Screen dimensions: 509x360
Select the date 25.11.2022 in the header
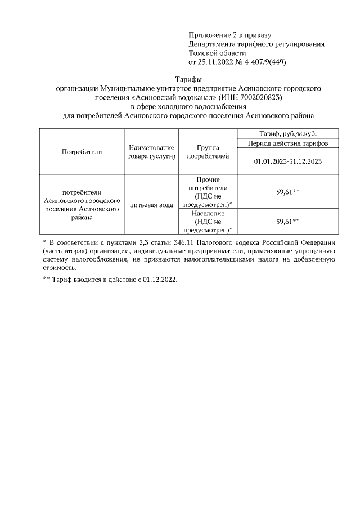click(x=219, y=62)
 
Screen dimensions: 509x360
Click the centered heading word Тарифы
click(x=188, y=80)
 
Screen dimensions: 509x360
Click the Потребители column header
click(x=81, y=152)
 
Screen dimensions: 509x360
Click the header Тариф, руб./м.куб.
click(x=287, y=134)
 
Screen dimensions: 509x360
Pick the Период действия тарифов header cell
click(x=287, y=143)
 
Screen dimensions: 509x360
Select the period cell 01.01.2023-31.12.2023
click(x=287, y=161)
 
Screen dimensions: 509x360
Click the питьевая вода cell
click(x=150, y=205)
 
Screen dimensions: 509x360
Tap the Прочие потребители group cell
click(x=208, y=192)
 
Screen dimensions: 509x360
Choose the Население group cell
click(x=208, y=222)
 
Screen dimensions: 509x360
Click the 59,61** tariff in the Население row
click(x=287, y=222)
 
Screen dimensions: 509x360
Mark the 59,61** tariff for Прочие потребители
click(x=287, y=192)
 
